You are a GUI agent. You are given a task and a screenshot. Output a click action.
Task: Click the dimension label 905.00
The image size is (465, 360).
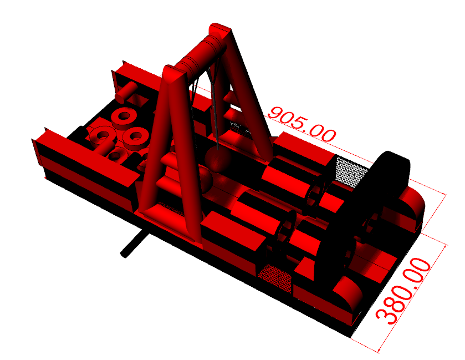(x=302, y=124)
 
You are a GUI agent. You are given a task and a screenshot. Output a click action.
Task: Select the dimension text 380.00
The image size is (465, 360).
(x=403, y=291)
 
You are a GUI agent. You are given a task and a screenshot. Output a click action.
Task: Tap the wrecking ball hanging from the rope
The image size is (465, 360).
(x=218, y=158)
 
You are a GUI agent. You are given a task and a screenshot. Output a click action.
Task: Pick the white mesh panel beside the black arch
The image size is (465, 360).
(x=351, y=172)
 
